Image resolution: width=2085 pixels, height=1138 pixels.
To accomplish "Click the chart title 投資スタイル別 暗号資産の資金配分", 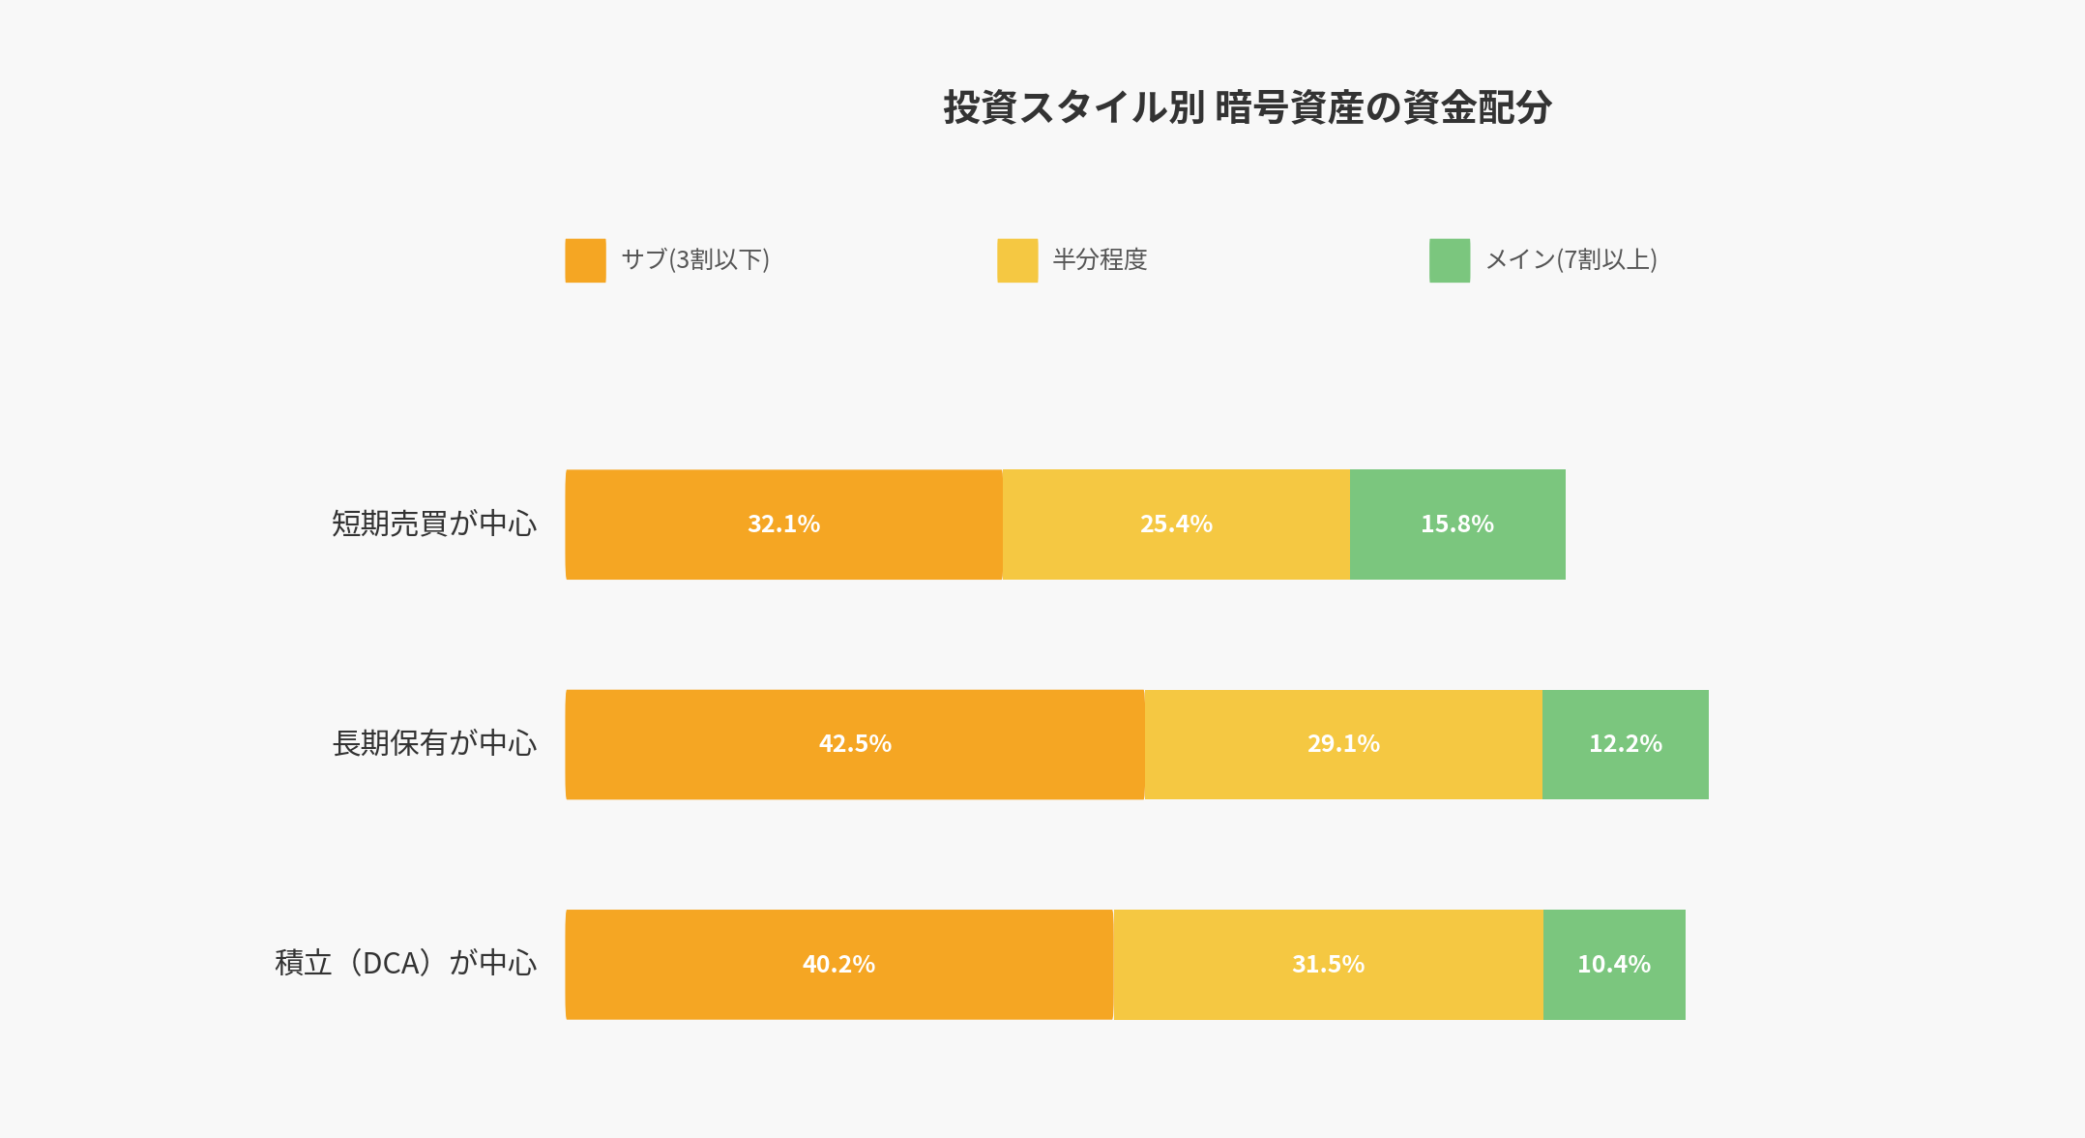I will pyautogui.click(x=1248, y=107).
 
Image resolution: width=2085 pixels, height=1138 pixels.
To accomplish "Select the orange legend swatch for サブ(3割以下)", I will pyautogui.click(x=585, y=260).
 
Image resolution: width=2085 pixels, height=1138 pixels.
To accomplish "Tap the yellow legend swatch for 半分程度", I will pyautogui.click(x=1017, y=260).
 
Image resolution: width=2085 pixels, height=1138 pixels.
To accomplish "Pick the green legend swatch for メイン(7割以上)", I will pyautogui.click(x=1450, y=260).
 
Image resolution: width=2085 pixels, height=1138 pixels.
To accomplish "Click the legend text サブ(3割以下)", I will pyautogui.click(x=695, y=259).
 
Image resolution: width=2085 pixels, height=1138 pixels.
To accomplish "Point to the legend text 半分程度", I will pyautogui.click(x=1100, y=259).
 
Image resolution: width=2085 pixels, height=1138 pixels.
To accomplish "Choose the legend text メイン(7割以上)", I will pyautogui.click(x=1571, y=259).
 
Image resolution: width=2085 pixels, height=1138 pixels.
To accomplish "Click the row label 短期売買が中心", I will pyautogui.click(x=434, y=524).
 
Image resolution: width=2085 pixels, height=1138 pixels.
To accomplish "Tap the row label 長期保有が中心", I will pyautogui.click(x=434, y=743).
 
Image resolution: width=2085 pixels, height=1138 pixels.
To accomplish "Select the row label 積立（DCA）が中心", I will pyautogui.click(x=406, y=963).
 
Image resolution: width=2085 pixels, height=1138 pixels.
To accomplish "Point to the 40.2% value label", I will pyautogui.click(x=838, y=964).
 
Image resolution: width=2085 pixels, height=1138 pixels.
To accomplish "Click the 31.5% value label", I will pyautogui.click(x=1328, y=964).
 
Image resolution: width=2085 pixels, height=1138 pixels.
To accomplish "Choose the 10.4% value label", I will pyautogui.click(x=1614, y=964).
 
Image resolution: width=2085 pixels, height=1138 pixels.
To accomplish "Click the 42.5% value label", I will pyautogui.click(x=855, y=744).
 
